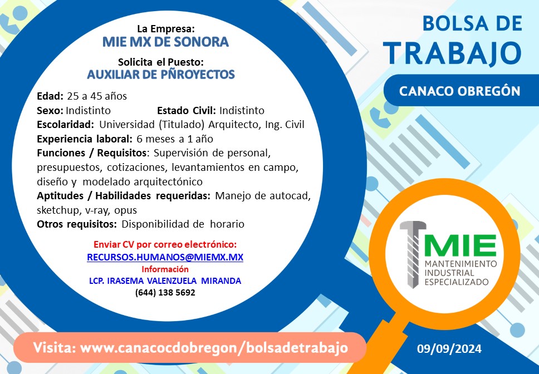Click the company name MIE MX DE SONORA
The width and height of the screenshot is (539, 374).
(x=165, y=42)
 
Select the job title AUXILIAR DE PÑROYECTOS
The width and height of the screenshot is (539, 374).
(x=161, y=74)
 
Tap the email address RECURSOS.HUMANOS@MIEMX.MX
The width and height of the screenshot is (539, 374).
(x=165, y=257)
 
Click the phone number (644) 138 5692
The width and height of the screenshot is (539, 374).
(x=165, y=293)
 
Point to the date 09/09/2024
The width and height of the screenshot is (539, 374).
(x=449, y=349)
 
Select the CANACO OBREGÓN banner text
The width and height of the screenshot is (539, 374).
(x=459, y=91)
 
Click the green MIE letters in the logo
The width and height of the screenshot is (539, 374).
(x=460, y=245)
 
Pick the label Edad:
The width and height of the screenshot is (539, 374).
(x=50, y=96)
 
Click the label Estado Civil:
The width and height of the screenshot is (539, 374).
(x=187, y=111)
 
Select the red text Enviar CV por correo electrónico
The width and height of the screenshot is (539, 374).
(x=165, y=244)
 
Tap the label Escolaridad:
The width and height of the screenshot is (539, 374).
(x=65, y=125)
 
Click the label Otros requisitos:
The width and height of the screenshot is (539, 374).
(x=77, y=225)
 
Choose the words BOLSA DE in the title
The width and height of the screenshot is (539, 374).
(x=472, y=24)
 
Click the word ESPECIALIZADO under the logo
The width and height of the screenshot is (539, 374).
(x=457, y=282)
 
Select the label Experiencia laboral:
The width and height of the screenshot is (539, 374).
(x=85, y=139)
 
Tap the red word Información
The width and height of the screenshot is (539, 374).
(x=165, y=269)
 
